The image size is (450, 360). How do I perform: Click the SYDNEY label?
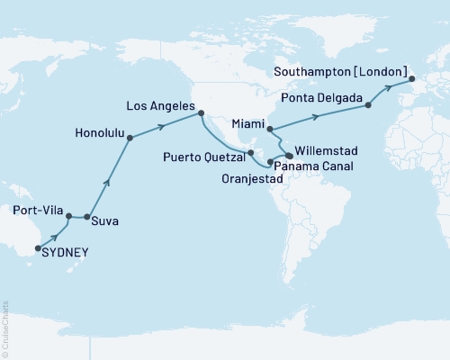[x=67, y=254]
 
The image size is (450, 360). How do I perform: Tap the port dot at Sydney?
[x=38, y=247]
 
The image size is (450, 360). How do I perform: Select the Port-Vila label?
[x=38, y=211]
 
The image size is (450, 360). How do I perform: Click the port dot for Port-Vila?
[x=68, y=215]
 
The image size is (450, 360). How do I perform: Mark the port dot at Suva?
[x=86, y=217]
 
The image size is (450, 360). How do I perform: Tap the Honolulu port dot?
[x=130, y=138]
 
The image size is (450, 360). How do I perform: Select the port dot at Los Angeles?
[x=201, y=113]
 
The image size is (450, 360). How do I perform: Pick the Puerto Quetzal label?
[x=205, y=156]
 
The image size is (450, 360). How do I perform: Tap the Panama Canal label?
[x=313, y=167]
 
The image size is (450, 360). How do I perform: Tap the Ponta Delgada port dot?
[x=367, y=106]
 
